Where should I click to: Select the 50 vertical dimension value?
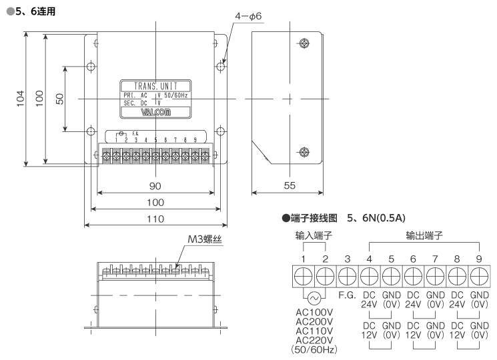59,98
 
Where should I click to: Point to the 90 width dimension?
155,185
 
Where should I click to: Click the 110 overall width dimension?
155,218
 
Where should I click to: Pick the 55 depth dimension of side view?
289,185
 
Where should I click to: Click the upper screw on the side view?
304,44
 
